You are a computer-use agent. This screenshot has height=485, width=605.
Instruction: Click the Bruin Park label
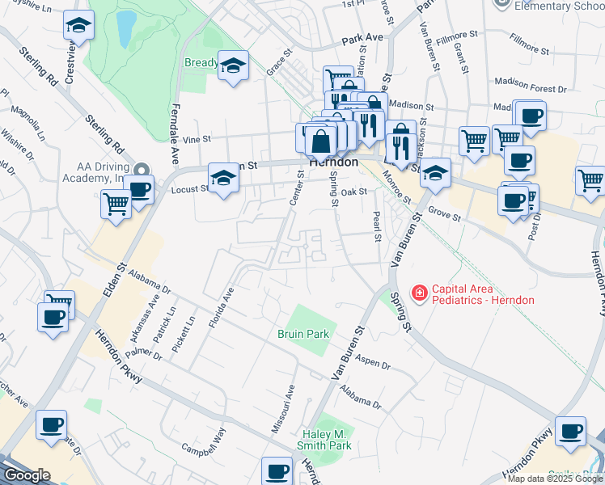coord(303,333)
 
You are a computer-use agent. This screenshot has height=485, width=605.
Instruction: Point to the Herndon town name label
coord(333,162)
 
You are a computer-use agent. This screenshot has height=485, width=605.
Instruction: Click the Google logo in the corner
coord(27,475)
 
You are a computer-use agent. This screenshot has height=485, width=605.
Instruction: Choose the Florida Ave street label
coord(221,308)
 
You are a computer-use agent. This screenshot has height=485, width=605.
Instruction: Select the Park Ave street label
coord(362,38)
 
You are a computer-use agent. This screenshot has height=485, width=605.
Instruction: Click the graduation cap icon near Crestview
coord(78,25)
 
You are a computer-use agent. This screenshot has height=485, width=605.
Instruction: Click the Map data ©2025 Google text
coord(556,479)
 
